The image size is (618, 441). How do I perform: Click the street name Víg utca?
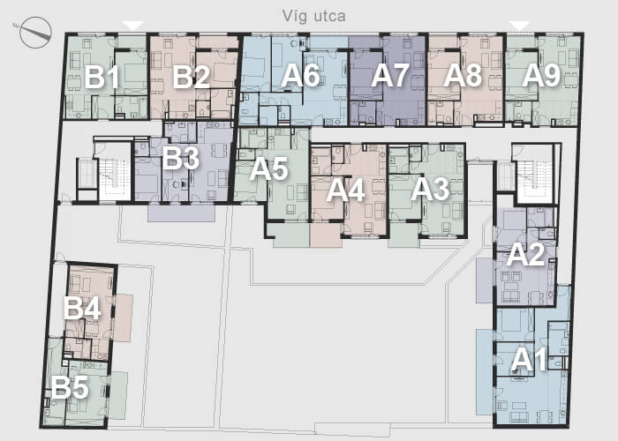[313, 17]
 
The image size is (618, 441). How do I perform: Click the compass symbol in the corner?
[34, 33]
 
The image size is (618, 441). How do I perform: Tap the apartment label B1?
[102, 77]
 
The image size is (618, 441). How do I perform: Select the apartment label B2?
[192, 77]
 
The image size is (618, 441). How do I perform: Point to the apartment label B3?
[181, 158]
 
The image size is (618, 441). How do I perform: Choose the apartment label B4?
[83, 308]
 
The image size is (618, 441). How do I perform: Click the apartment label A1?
[529, 360]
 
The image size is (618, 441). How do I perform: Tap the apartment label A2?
[525, 254]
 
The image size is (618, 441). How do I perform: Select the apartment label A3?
[430, 190]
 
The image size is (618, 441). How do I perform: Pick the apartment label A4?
[346, 191]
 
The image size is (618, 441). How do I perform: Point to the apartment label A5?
[269, 169]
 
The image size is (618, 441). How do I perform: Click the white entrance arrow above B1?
[133, 26]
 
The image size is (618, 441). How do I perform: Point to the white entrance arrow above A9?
[519, 26]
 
